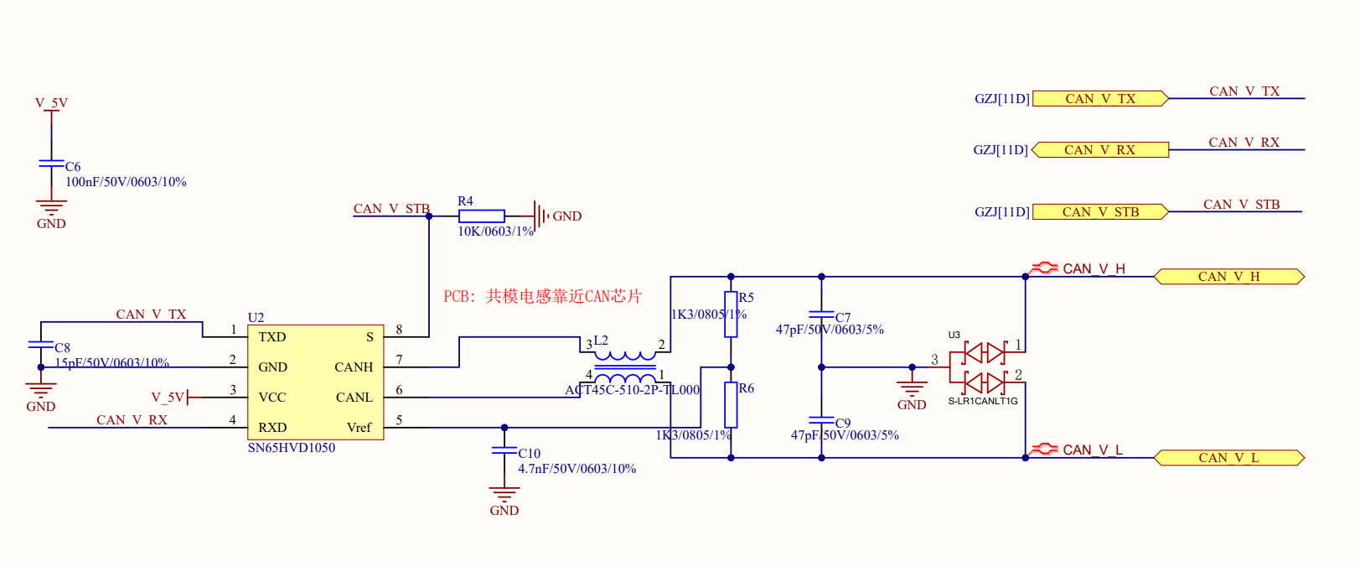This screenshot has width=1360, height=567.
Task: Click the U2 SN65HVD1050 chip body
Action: [x=315, y=382]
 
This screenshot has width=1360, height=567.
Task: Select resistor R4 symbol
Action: [x=481, y=216]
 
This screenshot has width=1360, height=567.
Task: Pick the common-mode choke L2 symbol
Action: [x=624, y=366]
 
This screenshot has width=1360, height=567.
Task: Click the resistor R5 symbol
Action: [x=731, y=315]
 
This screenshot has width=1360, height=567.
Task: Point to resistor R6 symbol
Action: [x=731, y=404]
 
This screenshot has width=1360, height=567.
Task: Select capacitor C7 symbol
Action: [x=821, y=315]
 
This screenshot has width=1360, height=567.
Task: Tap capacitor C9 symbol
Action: [x=821, y=420]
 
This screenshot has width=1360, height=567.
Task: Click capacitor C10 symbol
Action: [x=504, y=451]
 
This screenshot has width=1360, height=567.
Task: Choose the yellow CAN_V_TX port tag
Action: [x=1099, y=99]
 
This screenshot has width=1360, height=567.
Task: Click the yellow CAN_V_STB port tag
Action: [x=1099, y=212]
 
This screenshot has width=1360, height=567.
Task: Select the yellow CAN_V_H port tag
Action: [x=1228, y=277]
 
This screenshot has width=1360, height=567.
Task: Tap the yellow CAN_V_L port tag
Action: [x=1228, y=458]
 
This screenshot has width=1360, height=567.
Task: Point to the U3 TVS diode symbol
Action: [x=984, y=367]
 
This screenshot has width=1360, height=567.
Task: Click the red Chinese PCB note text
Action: [x=542, y=296]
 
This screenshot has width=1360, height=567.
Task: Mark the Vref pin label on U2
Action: [x=359, y=428]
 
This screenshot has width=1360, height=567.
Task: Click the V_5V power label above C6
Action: [x=51, y=103]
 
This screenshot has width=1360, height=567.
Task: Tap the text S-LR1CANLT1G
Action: [x=982, y=401]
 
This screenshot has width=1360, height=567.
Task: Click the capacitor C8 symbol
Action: [x=40, y=345]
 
